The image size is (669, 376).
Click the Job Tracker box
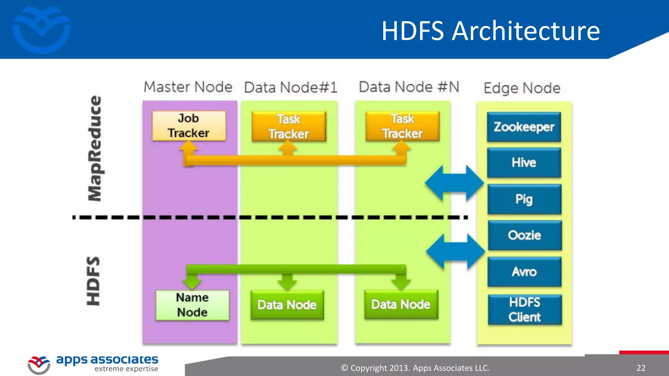click(189, 126)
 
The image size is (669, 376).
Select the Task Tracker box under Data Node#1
click(289, 127)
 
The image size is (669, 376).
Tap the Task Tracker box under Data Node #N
click(402, 126)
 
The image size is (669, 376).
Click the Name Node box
click(192, 305)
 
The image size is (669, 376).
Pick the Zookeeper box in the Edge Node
click(524, 127)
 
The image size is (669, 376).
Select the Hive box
click(524, 163)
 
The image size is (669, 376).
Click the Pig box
click(524, 199)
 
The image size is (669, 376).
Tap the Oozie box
click(525, 235)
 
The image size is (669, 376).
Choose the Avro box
click(524, 272)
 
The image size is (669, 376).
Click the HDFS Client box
click(525, 310)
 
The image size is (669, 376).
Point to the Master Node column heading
click(188, 87)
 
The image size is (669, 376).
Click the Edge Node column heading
click(522, 88)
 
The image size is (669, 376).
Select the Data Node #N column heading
click(409, 87)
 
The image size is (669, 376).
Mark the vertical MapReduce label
click(95, 149)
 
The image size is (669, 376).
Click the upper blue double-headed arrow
click(454, 183)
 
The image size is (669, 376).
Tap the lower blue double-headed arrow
click(455, 251)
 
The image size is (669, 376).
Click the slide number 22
click(641, 368)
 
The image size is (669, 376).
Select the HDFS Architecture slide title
click(491, 31)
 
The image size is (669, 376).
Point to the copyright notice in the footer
click(415, 368)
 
